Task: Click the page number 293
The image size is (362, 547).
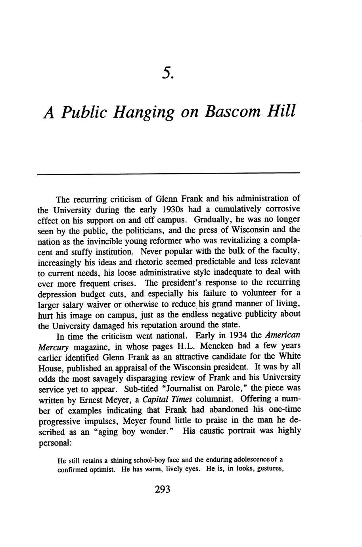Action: pyautogui.click(x=163, y=490)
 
